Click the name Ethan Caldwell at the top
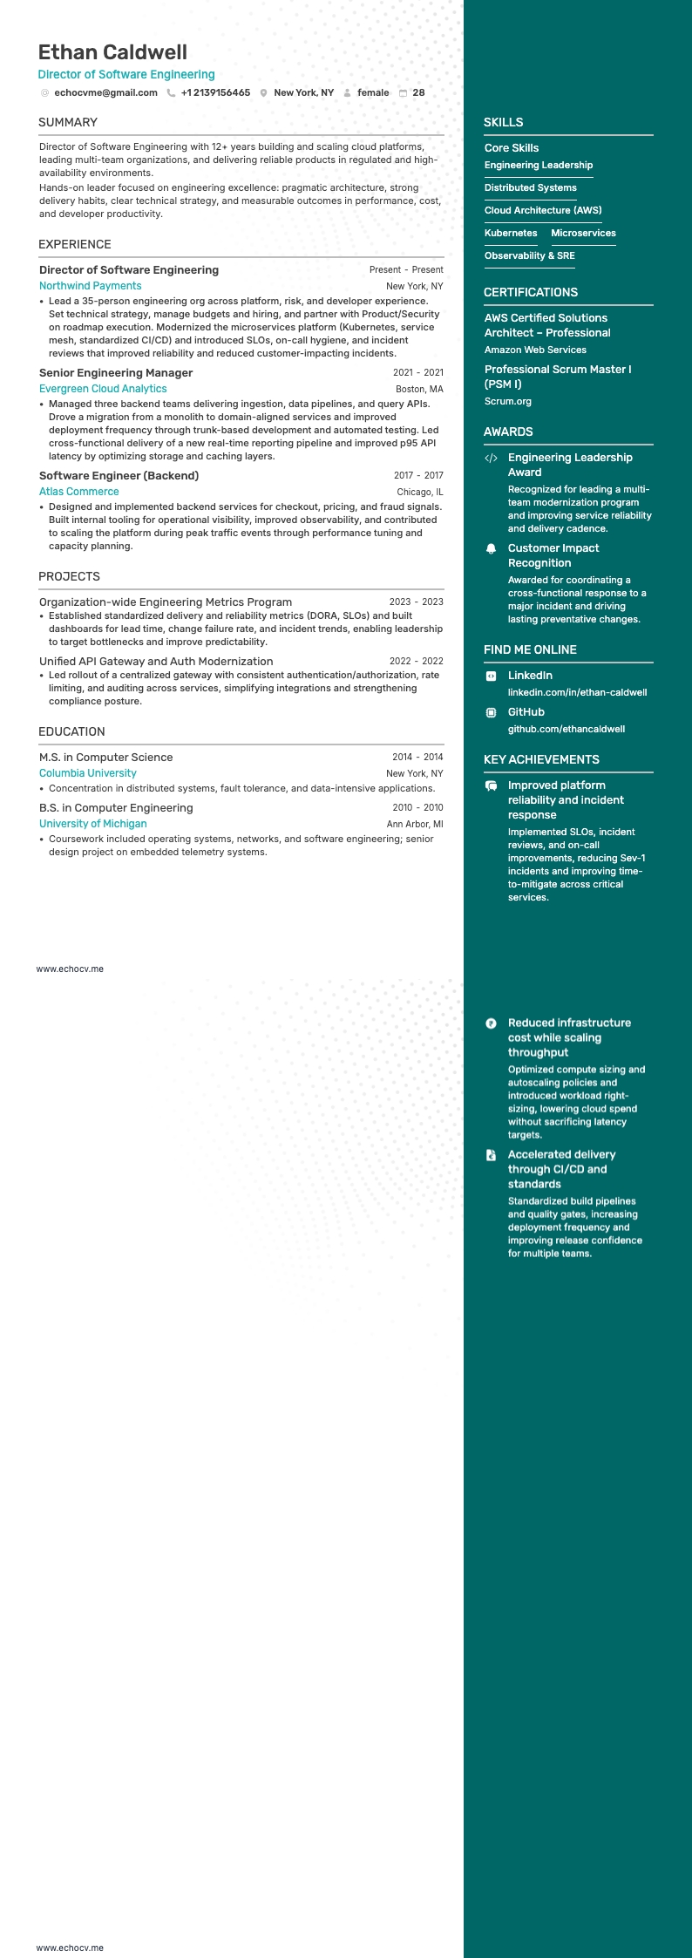112,52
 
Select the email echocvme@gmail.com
105,92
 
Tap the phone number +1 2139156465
215,92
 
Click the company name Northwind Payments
90,286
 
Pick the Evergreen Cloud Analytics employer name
103,389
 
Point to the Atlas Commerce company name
78,492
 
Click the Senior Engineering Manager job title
116,373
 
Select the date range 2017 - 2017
418,476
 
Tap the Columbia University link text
88,773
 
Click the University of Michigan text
92,824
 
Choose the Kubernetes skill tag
511,234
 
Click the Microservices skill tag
583,234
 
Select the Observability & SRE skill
529,256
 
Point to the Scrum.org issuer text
507,402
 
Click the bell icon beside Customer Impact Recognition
491,548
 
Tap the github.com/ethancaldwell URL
566,729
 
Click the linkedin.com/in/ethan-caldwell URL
577,692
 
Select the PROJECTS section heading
69,577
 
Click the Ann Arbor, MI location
415,824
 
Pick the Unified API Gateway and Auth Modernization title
156,662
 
